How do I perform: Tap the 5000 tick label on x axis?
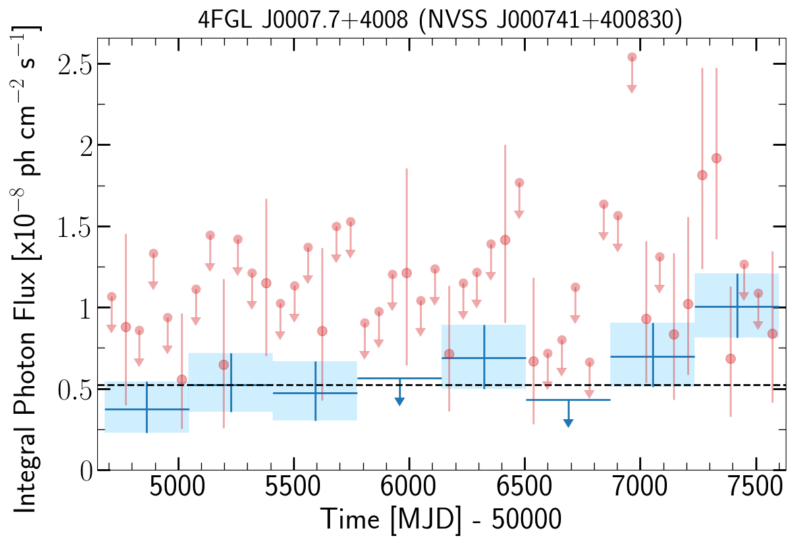177,487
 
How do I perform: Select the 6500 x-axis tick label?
524,487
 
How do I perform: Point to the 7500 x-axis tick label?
755,487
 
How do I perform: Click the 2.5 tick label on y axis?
75,64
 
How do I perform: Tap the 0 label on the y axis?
86,470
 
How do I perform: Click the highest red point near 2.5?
632,57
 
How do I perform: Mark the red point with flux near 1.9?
716,159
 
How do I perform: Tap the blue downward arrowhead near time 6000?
399,401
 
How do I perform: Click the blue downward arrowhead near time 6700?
568,423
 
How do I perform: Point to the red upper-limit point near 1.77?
519,183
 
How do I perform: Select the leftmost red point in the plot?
112,297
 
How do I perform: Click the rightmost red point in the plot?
772,333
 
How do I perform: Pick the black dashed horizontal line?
441,385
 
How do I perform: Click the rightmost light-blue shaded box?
736,306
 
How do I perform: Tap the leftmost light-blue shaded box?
147,407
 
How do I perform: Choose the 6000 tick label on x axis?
408,487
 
